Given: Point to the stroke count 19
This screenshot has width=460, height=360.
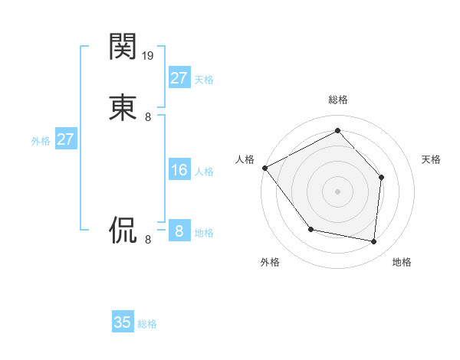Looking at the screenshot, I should (x=149, y=56).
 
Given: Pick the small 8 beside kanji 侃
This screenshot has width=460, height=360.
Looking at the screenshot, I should (x=148, y=240).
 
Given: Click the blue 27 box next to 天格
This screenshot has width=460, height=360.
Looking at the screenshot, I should (x=179, y=78).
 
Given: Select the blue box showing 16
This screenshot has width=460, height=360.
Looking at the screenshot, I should (x=179, y=170).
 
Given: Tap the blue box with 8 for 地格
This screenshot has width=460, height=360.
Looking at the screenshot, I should (x=179, y=231).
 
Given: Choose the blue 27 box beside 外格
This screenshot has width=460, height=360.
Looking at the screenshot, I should (x=65, y=139).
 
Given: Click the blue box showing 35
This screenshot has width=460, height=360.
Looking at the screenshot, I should (x=123, y=322).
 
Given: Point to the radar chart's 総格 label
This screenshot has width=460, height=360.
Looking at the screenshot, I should (x=337, y=100).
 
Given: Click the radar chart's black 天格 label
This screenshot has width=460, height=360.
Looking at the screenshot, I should (x=432, y=159).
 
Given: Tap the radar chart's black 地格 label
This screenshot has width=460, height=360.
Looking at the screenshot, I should (x=402, y=262).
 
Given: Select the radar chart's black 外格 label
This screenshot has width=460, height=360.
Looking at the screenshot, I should (x=270, y=262).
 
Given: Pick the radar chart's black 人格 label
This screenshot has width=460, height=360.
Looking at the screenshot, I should (x=245, y=159).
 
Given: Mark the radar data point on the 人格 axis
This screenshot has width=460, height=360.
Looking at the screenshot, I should (x=264, y=168).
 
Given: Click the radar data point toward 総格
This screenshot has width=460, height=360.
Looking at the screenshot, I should (x=337, y=131).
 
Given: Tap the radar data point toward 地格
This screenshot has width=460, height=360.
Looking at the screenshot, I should (x=373, y=241).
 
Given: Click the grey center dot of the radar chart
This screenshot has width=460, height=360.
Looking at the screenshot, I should (x=337, y=191).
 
